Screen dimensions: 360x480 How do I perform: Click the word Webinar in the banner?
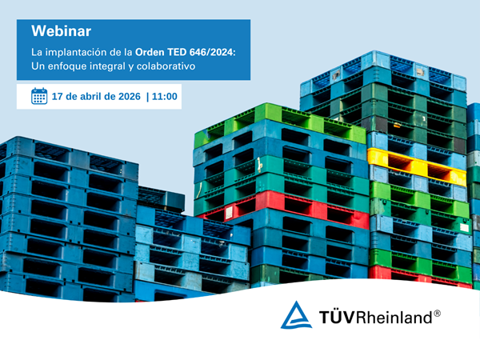[61, 31]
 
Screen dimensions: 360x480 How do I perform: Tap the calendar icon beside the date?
[39, 97]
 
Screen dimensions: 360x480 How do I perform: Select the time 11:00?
[165, 97]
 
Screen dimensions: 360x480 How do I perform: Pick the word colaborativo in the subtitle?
[165, 66]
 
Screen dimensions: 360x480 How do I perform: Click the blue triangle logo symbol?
[296, 315]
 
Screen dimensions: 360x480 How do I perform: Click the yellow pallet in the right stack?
[416, 163]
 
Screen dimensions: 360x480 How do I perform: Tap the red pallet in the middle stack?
[284, 207]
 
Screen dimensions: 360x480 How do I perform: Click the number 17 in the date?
[58, 97]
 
